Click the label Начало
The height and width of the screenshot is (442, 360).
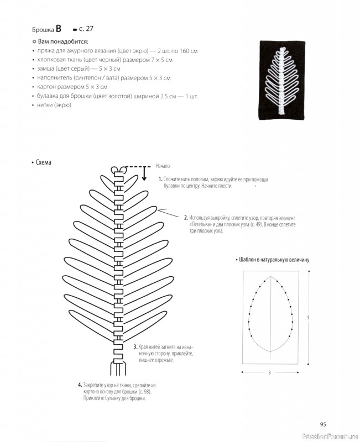point(163,166)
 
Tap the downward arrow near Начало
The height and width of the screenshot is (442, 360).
point(144,173)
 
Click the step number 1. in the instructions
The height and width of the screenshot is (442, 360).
point(160,180)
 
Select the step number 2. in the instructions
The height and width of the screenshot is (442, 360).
point(186,218)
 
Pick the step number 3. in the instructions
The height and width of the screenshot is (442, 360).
point(135,346)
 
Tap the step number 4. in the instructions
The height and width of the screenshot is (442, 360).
point(80,385)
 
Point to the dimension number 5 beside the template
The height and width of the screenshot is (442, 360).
point(309,317)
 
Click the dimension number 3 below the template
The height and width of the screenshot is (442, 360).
point(269,373)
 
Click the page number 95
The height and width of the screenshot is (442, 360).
point(324,424)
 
